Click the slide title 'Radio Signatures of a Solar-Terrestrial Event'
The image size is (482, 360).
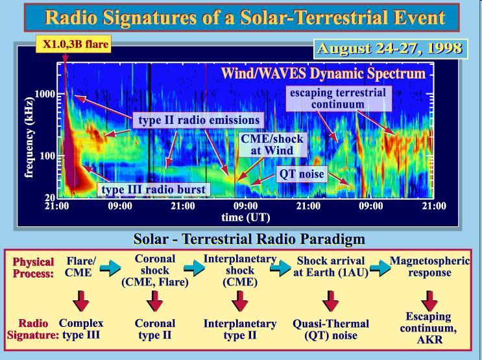click(x=245, y=18)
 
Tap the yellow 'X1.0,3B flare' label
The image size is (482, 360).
click(x=73, y=44)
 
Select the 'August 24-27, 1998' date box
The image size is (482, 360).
click(x=391, y=49)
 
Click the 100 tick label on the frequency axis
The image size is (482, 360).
click(x=47, y=156)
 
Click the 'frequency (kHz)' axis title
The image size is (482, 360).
click(x=29, y=138)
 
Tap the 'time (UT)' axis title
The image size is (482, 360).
click(x=246, y=217)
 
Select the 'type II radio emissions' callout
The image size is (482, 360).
click(x=199, y=120)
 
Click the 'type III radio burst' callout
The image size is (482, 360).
click(x=153, y=189)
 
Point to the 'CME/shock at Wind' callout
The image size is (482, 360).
click(x=272, y=145)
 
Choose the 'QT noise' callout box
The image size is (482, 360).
click(x=302, y=174)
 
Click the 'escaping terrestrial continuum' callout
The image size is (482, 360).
click(x=339, y=99)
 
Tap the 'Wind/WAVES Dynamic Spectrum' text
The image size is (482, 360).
click(x=323, y=73)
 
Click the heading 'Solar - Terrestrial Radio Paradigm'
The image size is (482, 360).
click(x=249, y=239)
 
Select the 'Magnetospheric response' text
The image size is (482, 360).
click(x=429, y=267)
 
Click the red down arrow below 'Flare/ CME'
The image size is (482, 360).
click(x=80, y=300)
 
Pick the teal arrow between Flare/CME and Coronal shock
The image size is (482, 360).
click(x=110, y=268)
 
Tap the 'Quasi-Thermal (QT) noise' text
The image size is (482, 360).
click(x=331, y=330)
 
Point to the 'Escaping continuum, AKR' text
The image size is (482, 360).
click(x=429, y=328)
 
